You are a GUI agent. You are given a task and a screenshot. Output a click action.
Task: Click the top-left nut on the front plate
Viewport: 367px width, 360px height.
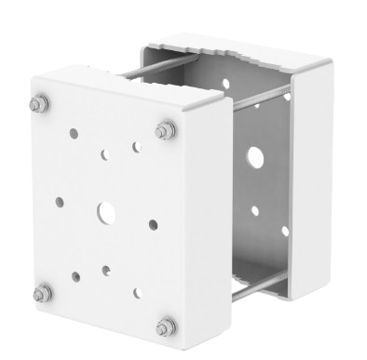tap(39, 104)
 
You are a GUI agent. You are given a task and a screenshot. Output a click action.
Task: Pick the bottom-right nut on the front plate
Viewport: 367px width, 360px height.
tap(166, 325)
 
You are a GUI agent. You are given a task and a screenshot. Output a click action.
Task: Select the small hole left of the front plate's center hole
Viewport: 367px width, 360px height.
tap(60, 200)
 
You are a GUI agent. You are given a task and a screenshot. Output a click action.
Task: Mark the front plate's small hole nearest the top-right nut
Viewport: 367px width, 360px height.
tap(137, 147)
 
